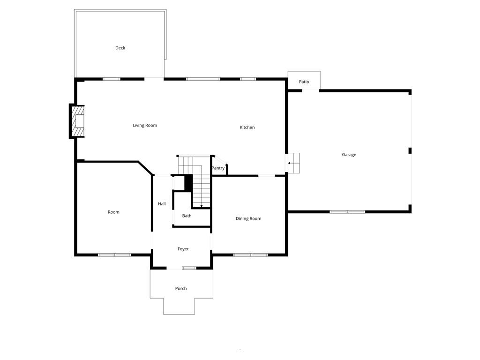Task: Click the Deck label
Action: coord(120,48)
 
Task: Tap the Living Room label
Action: coord(145,125)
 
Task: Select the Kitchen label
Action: coord(247,127)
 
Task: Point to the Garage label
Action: coord(349,155)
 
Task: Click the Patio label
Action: coord(304,82)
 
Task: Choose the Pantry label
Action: coord(218,168)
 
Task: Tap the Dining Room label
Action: coord(248,218)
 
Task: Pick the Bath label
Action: coord(187,216)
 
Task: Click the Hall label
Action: coord(162,204)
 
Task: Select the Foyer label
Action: coord(183,249)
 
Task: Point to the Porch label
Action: coord(181,288)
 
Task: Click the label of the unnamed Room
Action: coord(113,212)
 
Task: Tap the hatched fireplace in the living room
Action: coord(78,121)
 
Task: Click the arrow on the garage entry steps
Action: coord(291,163)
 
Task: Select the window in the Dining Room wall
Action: coord(250,255)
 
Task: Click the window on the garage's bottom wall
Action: coord(347,212)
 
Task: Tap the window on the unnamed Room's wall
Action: coord(114,255)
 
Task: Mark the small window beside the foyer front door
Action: coord(188,268)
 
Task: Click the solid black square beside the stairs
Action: coord(188,182)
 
